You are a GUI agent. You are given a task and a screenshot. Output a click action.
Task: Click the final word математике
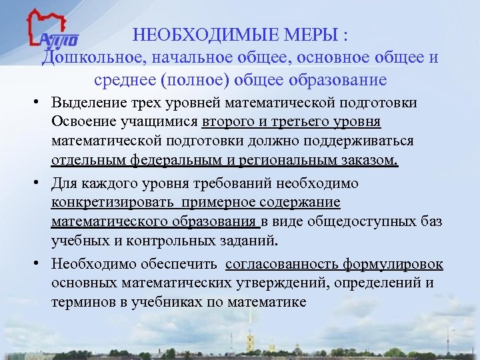pos(267,302)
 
